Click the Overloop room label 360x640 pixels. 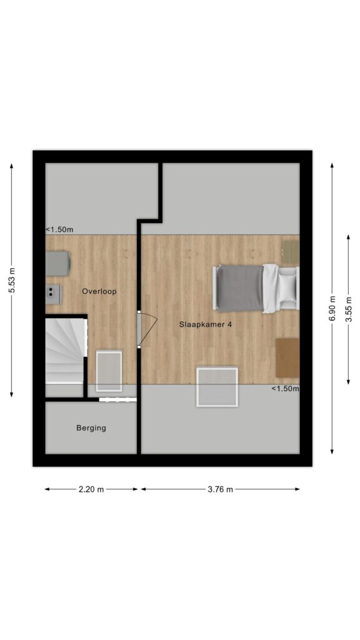coord(99,291)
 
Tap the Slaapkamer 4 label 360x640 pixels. coord(206,324)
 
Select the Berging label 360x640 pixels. coord(91,428)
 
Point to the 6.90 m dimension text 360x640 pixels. coord(332,308)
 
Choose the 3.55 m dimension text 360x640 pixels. coord(348,309)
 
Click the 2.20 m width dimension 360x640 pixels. coord(91,489)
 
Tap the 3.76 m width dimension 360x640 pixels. coord(221,489)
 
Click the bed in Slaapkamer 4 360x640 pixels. coord(256,288)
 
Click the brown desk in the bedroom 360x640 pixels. coord(287,357)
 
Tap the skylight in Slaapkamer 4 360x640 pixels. coord(217,387)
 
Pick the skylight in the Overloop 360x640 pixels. coord(109,371)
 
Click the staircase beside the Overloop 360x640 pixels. coord(66,351)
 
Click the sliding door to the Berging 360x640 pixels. coord(117,399)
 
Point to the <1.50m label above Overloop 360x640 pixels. coord(59,229)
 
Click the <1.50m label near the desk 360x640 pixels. coord(285,389)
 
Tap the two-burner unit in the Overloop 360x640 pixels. coord(52,294)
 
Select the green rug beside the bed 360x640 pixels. coord(291,251)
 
